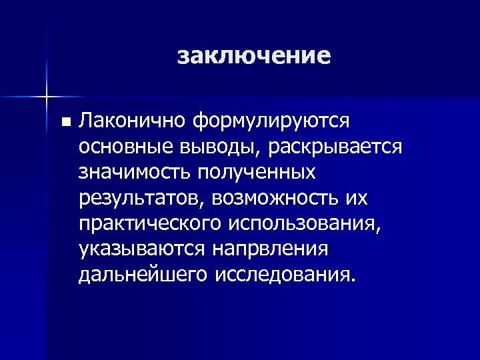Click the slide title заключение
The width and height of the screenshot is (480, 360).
point(254,55)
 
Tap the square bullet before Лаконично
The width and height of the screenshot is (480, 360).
point(64,122)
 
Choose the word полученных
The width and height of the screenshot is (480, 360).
point(255,172)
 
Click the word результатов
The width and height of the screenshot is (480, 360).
point(137,198)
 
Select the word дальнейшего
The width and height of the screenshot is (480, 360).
point(143,274)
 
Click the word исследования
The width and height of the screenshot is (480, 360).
point(281,274)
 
